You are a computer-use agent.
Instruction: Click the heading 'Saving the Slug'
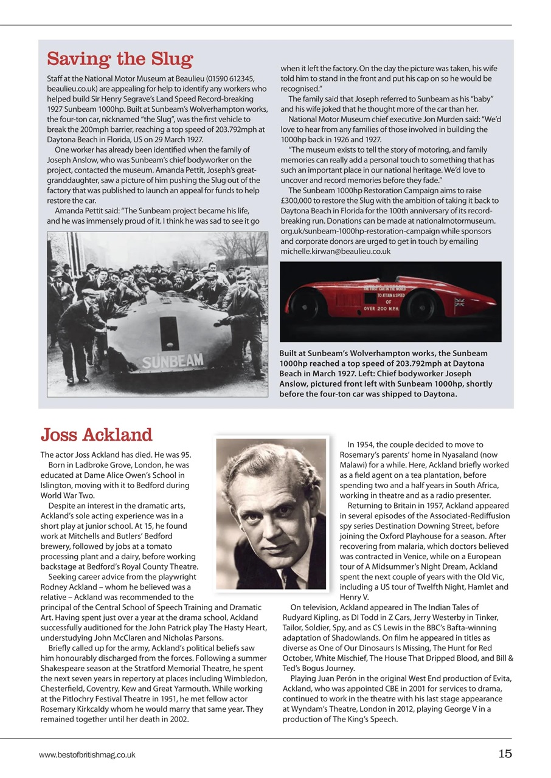coord(120,60)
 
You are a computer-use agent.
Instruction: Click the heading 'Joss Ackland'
coord(96,435)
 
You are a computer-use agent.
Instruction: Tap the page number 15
coord(505,754)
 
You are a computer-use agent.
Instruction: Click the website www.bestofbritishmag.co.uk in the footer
coord(87,755)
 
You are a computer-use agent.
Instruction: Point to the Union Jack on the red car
coord(459,301)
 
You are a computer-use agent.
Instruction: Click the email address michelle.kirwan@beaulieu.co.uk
coord(335,251)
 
